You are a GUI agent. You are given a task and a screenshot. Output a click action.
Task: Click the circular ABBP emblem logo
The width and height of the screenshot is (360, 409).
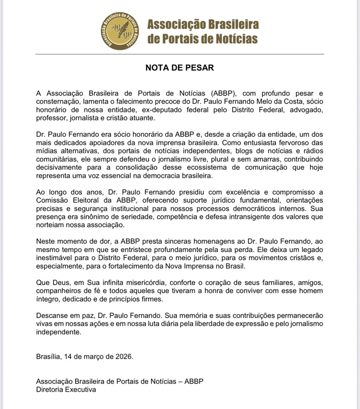(x=120, y=31)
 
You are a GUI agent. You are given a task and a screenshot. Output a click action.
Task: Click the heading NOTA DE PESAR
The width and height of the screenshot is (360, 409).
(x=180, y=68)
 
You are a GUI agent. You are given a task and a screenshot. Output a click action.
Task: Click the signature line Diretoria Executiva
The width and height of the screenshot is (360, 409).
(x=66, y=389)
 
